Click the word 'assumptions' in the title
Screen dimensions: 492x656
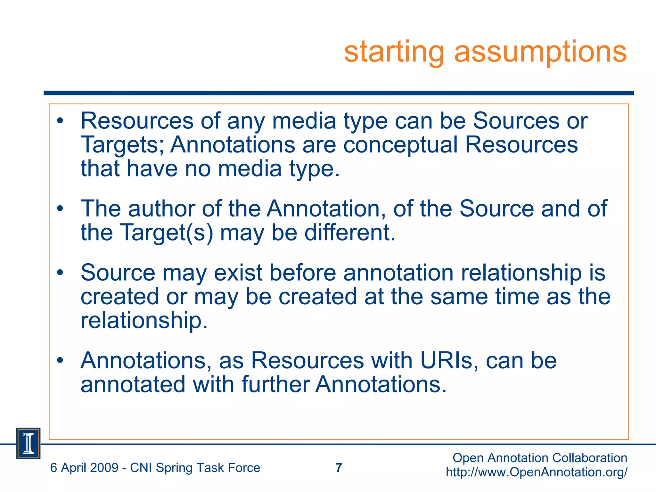pyautogui.click(x=540, y=52)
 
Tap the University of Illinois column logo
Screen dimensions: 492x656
pyautogui.click(x=28, y=443)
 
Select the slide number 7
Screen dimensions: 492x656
pyautogui.click(x=339, y=468)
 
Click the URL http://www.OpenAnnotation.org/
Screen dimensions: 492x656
pyautogui.click(x=537, y=472)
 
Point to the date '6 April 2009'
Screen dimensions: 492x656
pyautogui.click(x=84, y=468)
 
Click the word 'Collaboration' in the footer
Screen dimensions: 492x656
pyautogui.click(x=590, y=458)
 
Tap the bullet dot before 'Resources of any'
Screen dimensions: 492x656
pyautogui.click(x=60, y=121)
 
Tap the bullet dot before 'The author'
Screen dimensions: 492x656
pyautogui.click(x=60, y=209)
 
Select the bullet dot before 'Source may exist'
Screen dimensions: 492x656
pyautogui.click(x=60, y=273)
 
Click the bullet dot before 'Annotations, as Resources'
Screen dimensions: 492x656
pyautogui.click(x=60, y=361)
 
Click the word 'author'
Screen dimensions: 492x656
pyautogui.click(x=162, y=209)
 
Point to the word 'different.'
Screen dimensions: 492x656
pyautogui.click(x=350, y=232)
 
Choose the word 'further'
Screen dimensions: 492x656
pyautogui.click(x=275, y=384)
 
